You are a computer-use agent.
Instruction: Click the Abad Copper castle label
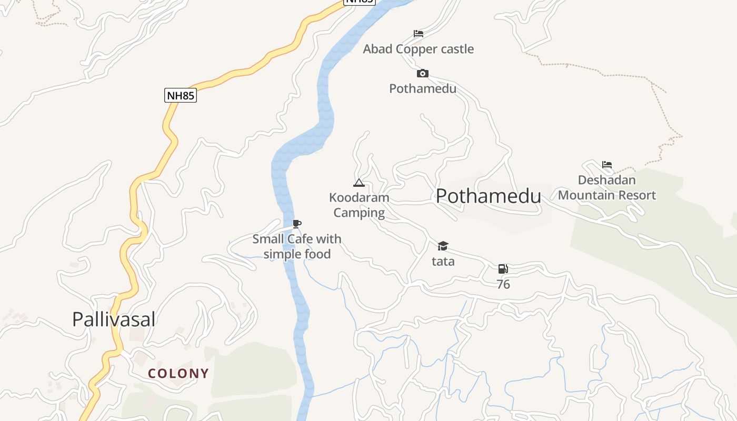[419, 49]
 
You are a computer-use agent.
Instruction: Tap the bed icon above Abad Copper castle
[419, 34]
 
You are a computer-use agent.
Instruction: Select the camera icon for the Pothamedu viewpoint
[423, 73]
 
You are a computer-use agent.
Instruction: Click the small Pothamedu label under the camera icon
[423, 88]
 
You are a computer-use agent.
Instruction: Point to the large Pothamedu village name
[488, 196]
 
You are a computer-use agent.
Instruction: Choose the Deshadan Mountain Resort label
[607, 188]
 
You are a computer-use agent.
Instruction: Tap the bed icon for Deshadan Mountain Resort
[607, 165]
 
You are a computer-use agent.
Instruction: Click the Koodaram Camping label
[359, 205]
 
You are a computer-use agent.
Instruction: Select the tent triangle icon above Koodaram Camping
[359, 183]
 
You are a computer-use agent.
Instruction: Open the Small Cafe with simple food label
[297, 246]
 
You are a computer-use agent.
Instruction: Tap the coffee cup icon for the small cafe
[297, 224]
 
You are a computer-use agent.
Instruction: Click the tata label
[443, 262]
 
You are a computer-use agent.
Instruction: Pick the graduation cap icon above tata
[443, 246]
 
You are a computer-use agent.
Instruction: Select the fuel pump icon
[503, 269]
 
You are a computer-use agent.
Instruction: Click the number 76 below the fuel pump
[503, 284]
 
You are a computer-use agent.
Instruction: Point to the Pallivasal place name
[114, 319]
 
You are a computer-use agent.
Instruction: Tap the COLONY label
[178, 374]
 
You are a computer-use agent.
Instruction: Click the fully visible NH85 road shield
[181, 95]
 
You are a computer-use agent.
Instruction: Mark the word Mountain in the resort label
[594, 195]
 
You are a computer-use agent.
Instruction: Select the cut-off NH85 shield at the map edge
[359, 2]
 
